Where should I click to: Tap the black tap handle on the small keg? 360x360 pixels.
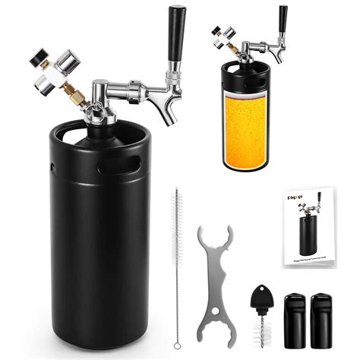pos(283,18)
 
